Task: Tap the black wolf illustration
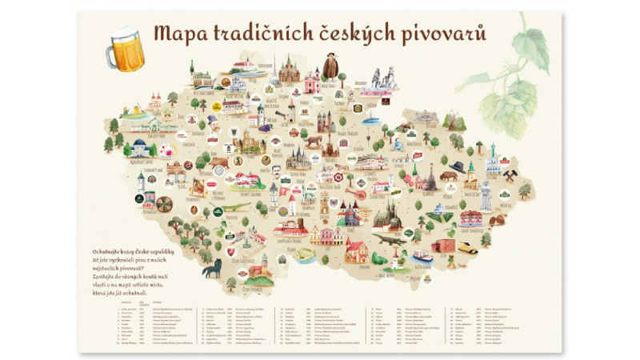click(211, 269)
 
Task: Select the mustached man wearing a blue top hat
click(211, 122)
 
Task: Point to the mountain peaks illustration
click(454, 122)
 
